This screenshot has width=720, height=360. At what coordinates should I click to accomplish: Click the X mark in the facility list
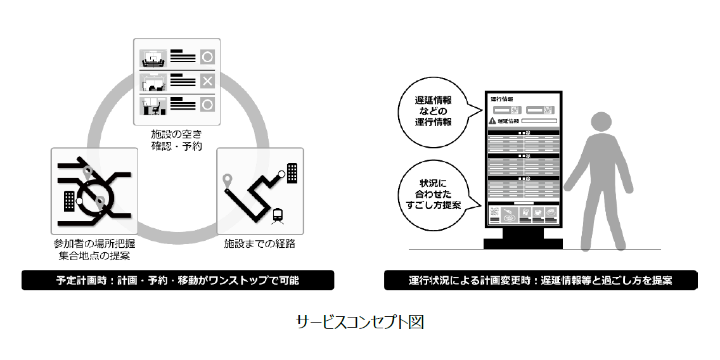tap(207, 80)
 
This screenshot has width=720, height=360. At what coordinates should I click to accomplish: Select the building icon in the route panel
tap(292, 172)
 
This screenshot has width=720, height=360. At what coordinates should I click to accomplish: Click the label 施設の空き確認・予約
tap(176, 139)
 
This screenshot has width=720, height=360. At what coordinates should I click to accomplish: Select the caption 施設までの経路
tap(260, 243)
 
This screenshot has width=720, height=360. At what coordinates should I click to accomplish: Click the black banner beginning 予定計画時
tap(177, 280)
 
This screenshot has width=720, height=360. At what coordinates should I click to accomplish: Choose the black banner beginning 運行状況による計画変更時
tap(541, 280)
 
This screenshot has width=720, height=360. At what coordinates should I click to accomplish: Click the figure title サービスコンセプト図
tap(359, 322)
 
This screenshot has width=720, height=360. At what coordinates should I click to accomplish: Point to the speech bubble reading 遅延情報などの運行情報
tap(434, 111)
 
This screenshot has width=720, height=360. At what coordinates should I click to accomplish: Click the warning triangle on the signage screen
tap(492, 120)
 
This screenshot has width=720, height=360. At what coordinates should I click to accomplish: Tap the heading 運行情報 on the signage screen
tap(502, 100)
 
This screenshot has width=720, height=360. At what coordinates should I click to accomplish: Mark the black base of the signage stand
tap(524, 243)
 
